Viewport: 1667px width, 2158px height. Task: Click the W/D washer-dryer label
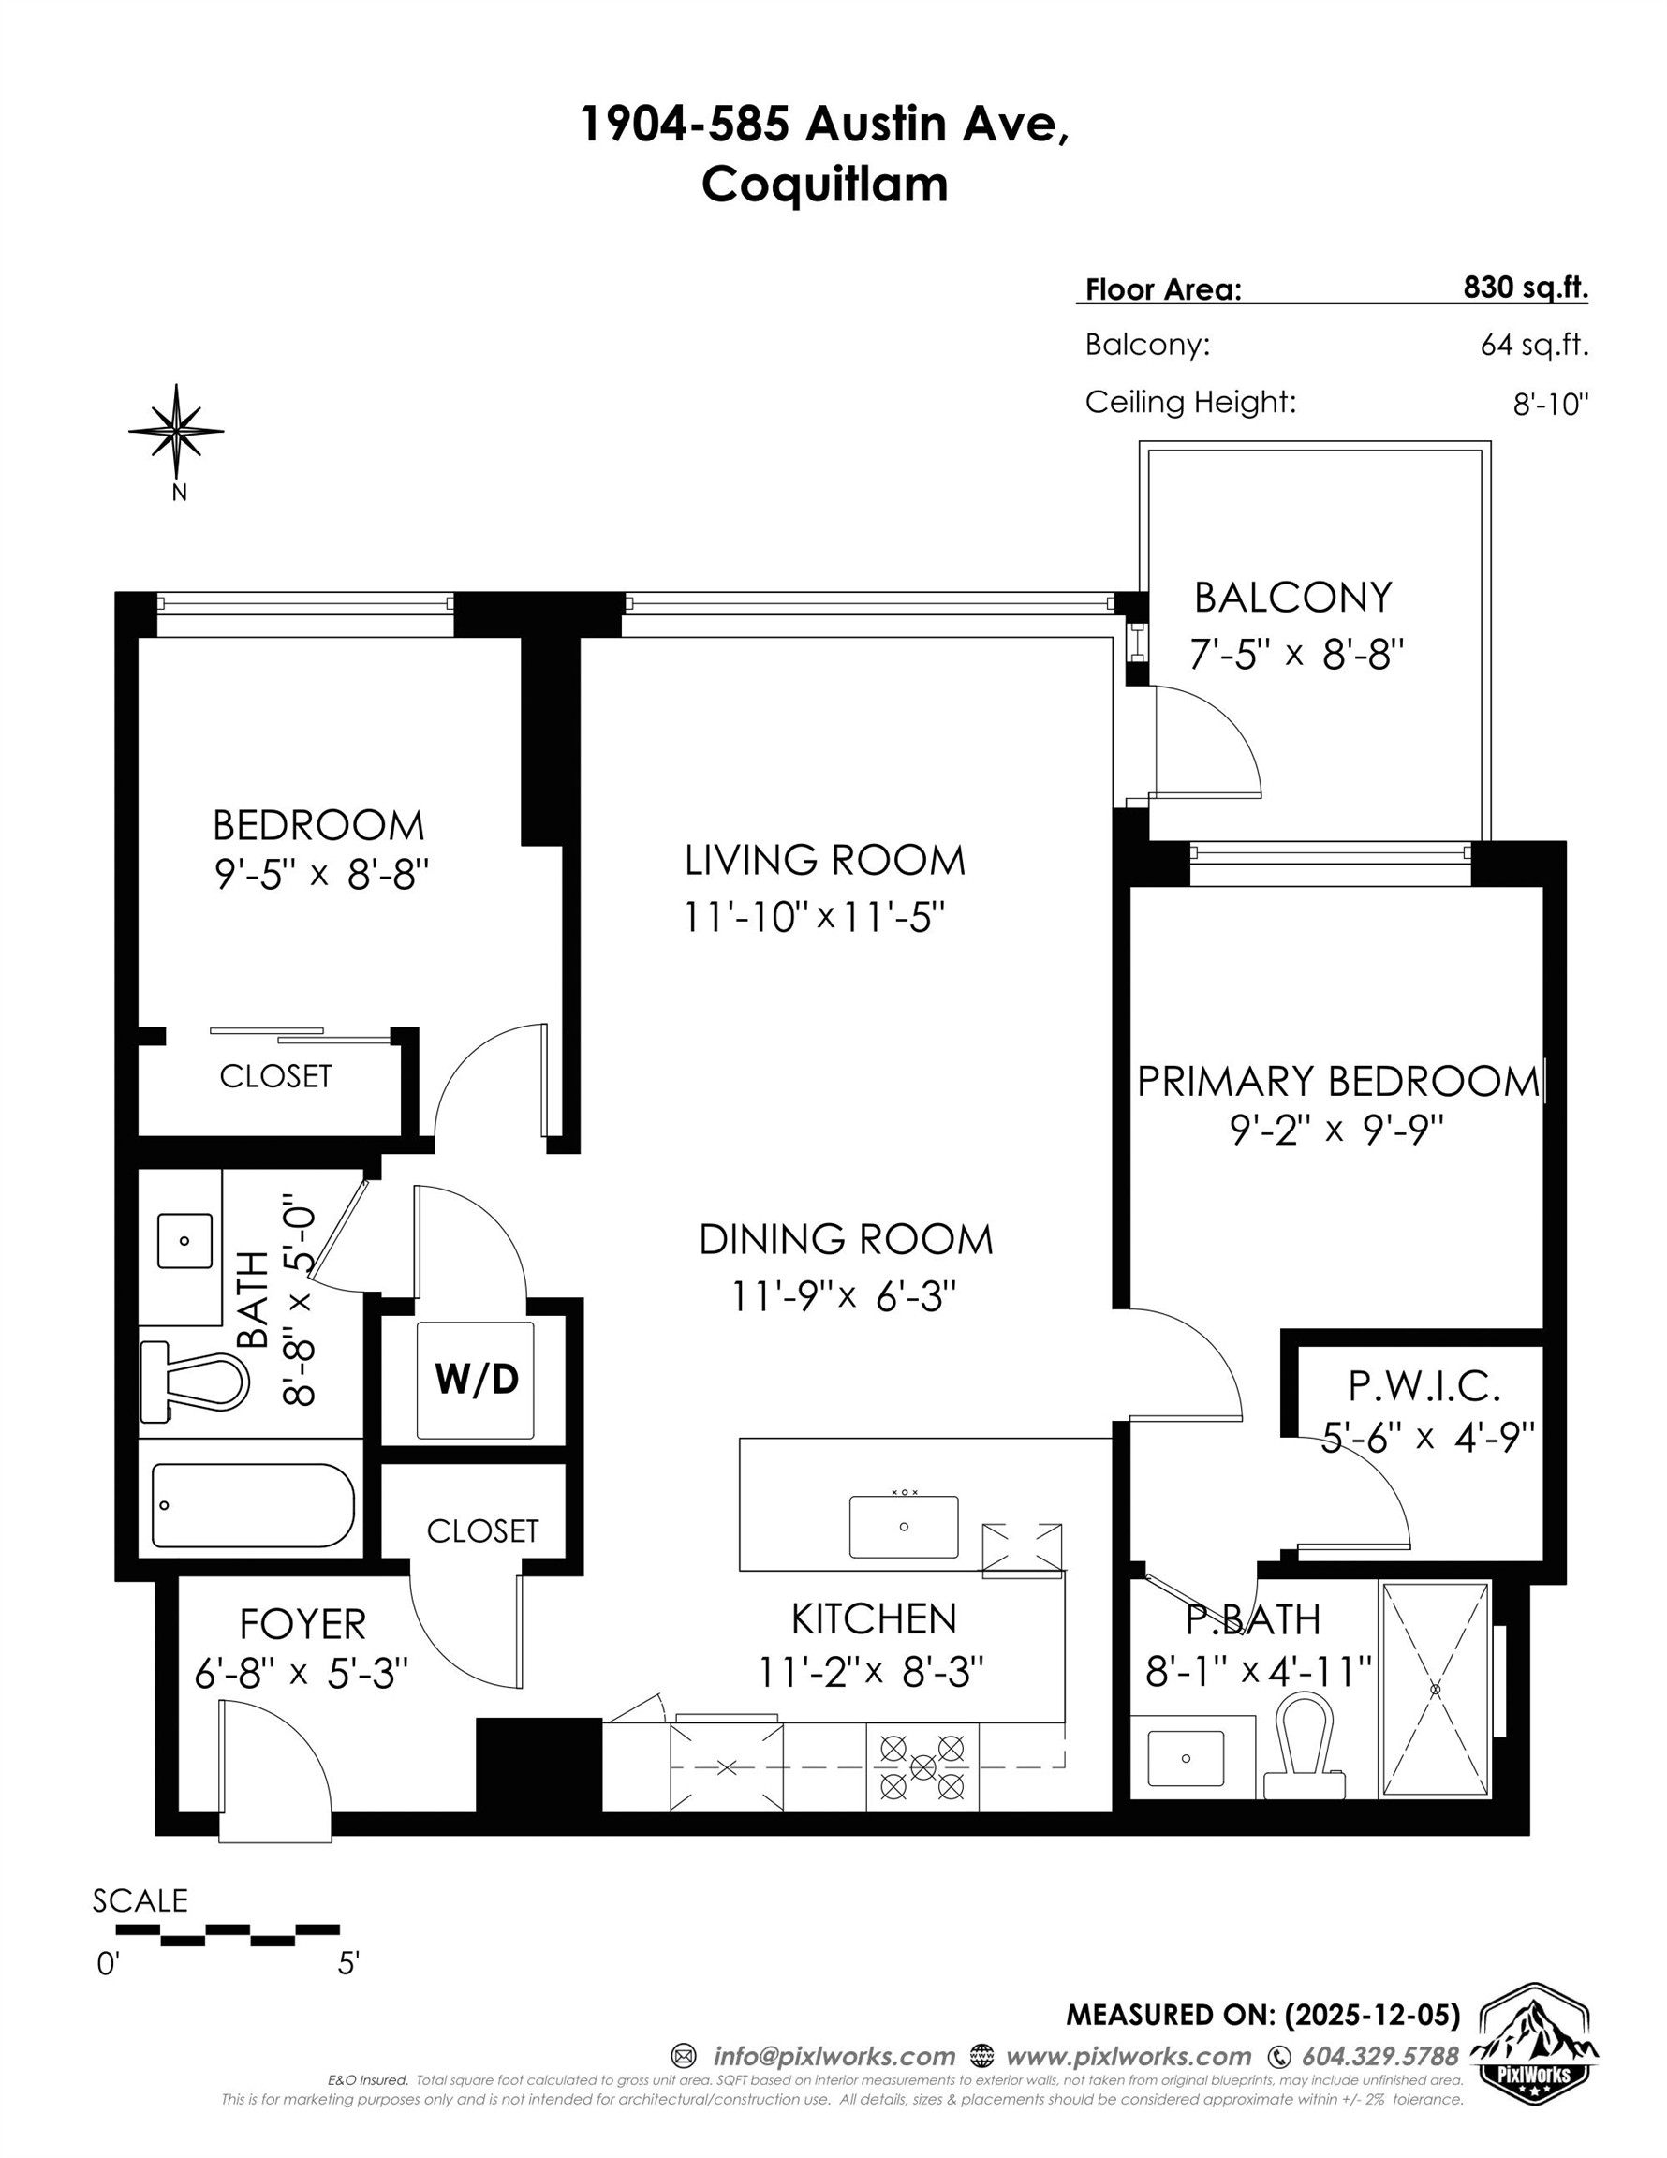coord(477,1380)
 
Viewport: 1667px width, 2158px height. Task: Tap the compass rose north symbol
coord(176,432)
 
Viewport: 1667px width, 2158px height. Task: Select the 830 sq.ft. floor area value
coord(1525,288)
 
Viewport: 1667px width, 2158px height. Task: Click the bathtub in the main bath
coord(253,1505)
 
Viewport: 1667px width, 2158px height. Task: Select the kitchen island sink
coord(903,1527)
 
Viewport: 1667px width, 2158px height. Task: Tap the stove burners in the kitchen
coord(922,1766)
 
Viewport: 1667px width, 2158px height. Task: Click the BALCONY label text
coord(1292,598)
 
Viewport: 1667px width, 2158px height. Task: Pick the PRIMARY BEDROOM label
coord(1338,1081)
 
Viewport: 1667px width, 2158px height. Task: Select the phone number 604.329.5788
coord(1379,2056)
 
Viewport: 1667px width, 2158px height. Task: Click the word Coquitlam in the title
coord(824,184)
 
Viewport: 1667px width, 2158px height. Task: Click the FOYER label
coord(302,1624)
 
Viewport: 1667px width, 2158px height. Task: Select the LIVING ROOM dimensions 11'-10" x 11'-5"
coord(814,918)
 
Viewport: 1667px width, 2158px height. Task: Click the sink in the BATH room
coord(184,1242)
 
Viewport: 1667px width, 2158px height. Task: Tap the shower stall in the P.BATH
coord(1435,1689)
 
